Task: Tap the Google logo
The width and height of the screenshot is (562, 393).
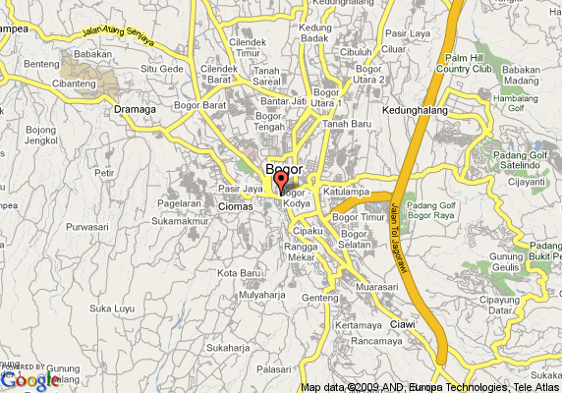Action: pyautogui.click(x=30, y=378)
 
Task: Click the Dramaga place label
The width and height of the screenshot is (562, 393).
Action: pyautogui.click(x=136, y=109)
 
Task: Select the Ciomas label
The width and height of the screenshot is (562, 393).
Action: pyautogui.click(x=235, y=206)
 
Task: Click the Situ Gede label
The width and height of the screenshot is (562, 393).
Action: pyautogui.click(x=162, y=69)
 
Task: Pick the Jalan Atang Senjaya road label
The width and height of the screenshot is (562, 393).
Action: pyautogui.click(x=124, y=37)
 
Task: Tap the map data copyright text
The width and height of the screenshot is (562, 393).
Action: pyautogui.click(x=429, y=386)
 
